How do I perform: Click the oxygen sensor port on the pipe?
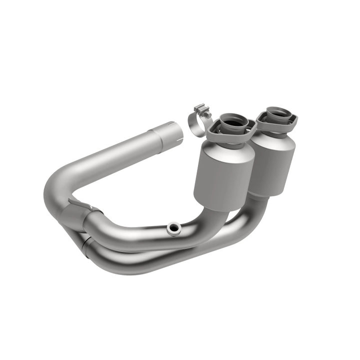point(173,227)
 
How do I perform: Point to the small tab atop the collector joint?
point(80,202)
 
